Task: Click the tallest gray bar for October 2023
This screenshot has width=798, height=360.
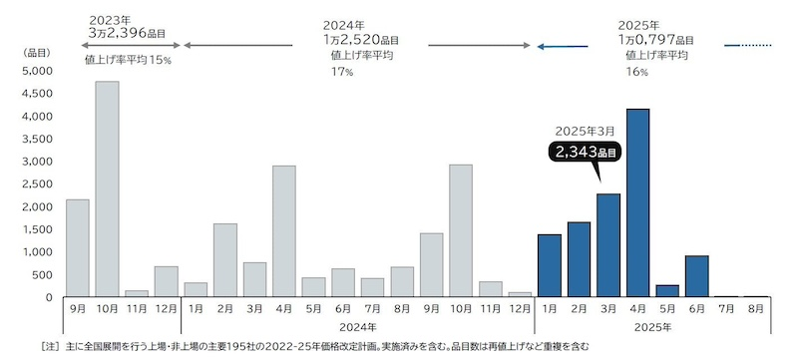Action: pyautogui.click(x=107, y=189)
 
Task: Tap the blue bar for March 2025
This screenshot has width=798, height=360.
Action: pyautogui.click(x=608, y=245)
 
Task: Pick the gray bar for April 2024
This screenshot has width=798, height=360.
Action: pyautogui.click(x=284, y=231)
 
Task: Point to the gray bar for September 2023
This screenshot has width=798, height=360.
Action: pyautogui.click(x=78, y=248)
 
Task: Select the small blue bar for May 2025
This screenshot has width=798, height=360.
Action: pyautogui.click(x=667, y=291)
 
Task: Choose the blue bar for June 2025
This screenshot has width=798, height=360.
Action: pyautogui.click(x=697, y=276)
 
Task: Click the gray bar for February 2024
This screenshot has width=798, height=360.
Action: pyautogui.click(x=225, y=260)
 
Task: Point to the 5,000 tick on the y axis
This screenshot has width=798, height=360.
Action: pyautogui.click(x=38, y=72)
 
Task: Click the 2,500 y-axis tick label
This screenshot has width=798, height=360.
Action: pyautogui.click(x=38, y=184)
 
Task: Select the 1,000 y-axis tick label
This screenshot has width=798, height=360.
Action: pyautogui.click(x=38, y=252)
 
